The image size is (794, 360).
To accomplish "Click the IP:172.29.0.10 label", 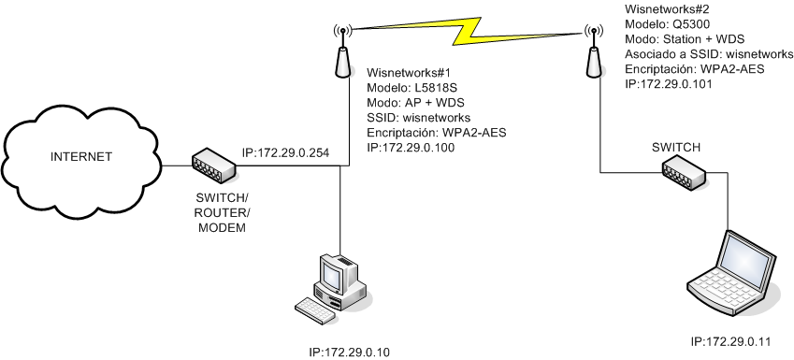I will click(x=349, y=352).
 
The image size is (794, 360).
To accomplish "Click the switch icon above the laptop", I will click(x=686, y=170).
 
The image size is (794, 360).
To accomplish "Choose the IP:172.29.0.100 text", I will click(x=411, y=148).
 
